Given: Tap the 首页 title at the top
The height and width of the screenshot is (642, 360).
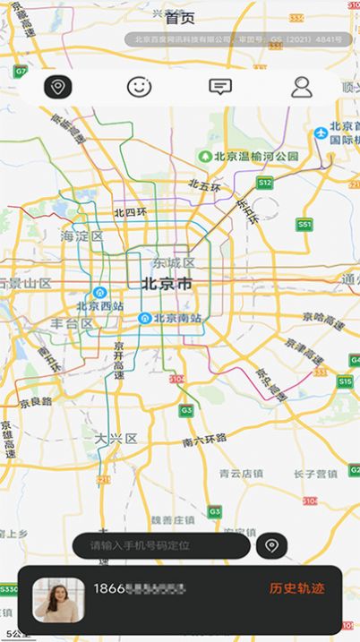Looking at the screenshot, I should [180, 17].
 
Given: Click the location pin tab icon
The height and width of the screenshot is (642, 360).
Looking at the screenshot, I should [58, 87].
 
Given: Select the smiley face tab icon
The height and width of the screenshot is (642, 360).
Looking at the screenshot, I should [139, 87].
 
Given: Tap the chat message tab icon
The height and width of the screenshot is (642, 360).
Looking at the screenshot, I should [219, 87].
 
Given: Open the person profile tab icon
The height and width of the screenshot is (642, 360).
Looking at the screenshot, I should [302, 87].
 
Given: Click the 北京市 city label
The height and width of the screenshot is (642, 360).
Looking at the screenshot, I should [167, 285].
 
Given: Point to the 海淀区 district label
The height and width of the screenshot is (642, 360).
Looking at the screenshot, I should [82, 236].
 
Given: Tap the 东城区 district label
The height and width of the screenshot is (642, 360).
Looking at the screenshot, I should [173, 263].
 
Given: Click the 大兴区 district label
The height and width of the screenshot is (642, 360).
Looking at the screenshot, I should [116, 439].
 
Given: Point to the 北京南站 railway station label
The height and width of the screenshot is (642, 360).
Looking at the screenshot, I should [176, 318].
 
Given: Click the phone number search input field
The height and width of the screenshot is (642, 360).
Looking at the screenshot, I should [161, 545].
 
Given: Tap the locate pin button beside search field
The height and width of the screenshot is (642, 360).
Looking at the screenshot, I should [271, 545].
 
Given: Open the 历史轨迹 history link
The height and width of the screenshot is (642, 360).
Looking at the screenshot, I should [297, 588].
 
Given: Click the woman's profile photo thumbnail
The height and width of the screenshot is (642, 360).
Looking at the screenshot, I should [59, 598].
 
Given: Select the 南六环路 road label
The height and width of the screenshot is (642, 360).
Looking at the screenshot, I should [204, 440].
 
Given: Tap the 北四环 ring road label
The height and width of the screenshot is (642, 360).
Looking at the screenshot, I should [131, 212].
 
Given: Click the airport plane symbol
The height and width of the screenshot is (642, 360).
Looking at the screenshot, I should [321, 134].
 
